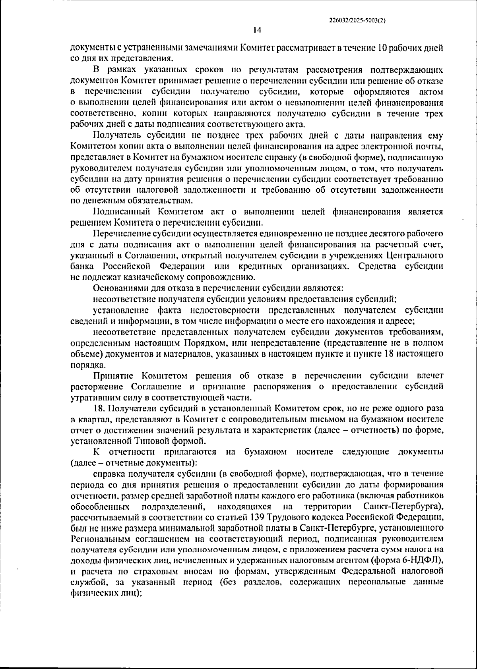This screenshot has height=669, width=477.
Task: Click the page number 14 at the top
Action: point(257,30)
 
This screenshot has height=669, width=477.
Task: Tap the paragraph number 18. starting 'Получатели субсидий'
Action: point(99,408)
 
